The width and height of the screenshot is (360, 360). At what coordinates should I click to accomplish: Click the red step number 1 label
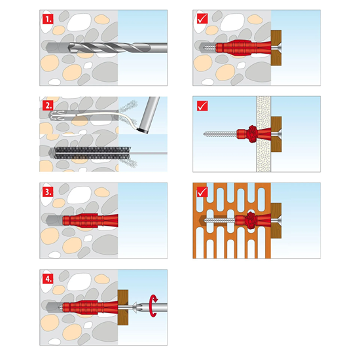(47, 20)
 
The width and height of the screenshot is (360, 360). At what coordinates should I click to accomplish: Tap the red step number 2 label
(47, 105)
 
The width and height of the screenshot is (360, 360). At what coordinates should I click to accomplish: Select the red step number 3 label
(47, 192)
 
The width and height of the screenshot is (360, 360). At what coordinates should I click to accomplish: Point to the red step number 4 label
(47, 279)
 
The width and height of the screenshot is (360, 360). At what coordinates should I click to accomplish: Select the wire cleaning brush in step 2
(92, 154)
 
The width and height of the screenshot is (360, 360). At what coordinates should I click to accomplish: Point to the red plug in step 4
(88, 306)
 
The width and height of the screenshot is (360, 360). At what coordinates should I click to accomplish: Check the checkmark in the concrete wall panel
(202, 20)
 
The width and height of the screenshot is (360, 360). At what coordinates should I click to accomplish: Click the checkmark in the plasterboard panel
(202, 105)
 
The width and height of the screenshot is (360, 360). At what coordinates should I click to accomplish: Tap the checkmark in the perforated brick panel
(202, 192)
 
